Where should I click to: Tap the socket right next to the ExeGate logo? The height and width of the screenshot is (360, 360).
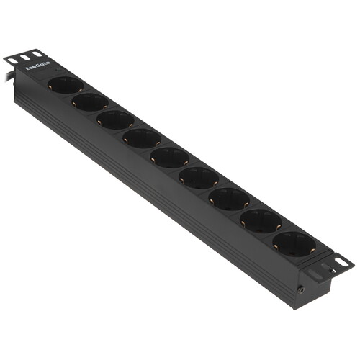coord(65,85)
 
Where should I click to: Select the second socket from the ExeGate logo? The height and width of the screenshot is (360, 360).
coord(90,102)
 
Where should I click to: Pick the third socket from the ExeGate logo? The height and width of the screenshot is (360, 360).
coord(115,120)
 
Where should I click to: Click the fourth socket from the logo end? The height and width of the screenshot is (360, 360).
coord(141,138)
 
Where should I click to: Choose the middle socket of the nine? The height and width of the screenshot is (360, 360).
coord(168,156)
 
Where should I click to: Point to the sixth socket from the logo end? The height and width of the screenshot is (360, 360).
coord(197,176)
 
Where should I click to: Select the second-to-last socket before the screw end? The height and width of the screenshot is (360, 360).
coord(260,219)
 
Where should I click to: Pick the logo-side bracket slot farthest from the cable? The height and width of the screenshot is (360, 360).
coord(37,53)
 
